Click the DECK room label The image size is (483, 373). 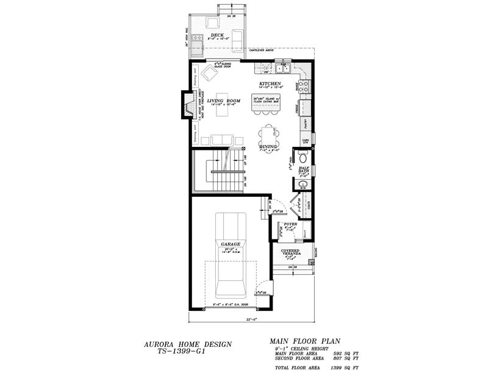pos(216,35)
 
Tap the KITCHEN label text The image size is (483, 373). pos(270,83)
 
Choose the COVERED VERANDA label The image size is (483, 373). pos(290,252)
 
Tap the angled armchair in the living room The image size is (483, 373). pos(209,74)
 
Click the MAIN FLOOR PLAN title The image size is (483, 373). pos(304,341)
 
